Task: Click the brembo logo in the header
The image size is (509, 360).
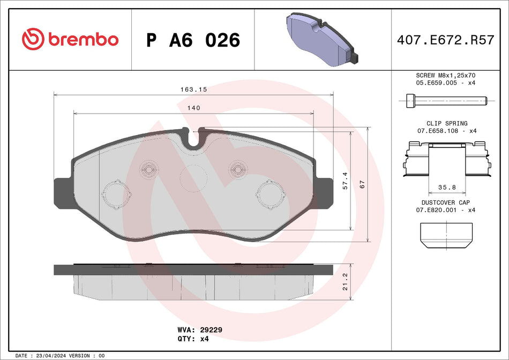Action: point(70,40)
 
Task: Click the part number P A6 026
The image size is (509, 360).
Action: point(193,40)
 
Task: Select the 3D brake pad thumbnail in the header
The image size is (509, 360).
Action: point(322,39)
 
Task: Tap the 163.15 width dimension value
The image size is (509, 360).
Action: point(193,89)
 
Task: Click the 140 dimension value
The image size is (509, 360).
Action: point(193,108)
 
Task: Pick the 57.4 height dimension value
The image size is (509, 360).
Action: point(346,181)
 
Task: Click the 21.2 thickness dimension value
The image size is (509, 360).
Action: point(346,281)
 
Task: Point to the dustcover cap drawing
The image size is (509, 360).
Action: point(446,236)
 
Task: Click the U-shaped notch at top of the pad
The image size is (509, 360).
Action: point(193,138)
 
